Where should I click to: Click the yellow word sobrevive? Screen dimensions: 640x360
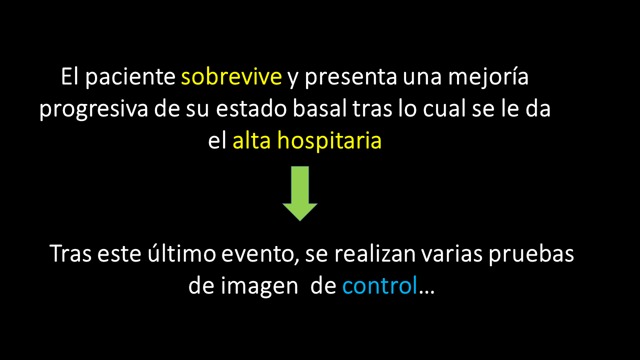pos(231,76)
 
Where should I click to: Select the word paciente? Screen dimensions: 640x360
pos(130,77)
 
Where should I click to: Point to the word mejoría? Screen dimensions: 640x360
pos(488,77)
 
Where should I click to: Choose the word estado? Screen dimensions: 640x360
pos(251,108)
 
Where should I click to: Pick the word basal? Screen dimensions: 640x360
pos(319,108)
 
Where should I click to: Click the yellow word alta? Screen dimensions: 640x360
pos(251,140)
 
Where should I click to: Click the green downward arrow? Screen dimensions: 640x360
pos(300,193)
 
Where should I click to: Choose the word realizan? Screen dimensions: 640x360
pos(375,253)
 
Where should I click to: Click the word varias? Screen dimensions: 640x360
pos(452,253)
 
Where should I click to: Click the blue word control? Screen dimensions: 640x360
pos(379,285)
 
